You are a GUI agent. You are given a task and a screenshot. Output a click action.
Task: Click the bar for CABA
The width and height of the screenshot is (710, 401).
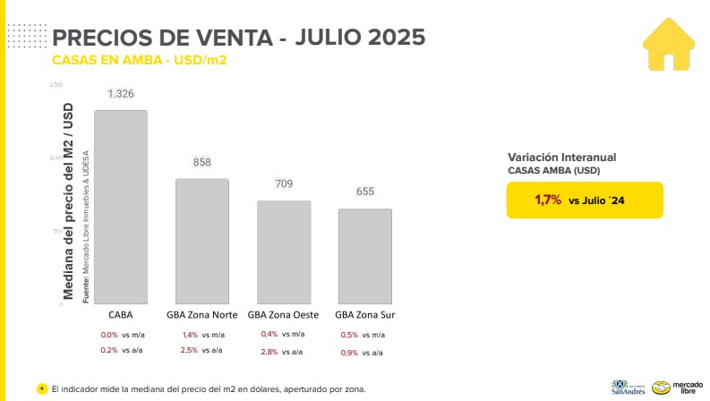[121, 207]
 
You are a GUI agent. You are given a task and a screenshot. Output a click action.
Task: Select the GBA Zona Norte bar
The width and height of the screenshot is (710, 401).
[201, 241]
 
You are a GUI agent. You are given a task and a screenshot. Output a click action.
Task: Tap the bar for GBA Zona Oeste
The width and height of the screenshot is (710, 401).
[284, 252]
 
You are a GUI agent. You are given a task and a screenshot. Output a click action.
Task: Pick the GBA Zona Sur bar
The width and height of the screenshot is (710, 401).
[365, 256]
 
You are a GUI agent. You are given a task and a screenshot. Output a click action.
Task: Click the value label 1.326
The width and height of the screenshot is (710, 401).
[121, 94]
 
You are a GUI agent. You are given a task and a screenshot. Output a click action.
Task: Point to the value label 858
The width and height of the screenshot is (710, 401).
[201, 162]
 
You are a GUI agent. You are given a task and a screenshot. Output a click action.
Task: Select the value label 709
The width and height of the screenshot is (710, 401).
[284, 184]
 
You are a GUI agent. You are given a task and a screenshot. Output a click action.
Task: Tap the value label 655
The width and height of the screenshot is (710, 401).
[365, 192]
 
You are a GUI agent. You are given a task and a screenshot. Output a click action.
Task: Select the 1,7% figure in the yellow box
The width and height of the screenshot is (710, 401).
[548, 200]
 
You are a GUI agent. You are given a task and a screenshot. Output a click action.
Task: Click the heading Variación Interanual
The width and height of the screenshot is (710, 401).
[561, 157]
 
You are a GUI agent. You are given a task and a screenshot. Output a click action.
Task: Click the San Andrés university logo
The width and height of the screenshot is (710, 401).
[628, 386]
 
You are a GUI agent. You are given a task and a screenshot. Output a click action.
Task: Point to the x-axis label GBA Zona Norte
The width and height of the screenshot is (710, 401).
[201, 315]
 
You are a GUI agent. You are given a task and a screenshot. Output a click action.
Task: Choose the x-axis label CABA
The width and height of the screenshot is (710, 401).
[121, 315]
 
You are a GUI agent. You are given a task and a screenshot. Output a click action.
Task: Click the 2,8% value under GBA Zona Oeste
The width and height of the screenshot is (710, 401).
[269, 353]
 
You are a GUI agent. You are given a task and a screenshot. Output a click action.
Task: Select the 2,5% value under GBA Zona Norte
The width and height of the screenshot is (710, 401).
[189, 350]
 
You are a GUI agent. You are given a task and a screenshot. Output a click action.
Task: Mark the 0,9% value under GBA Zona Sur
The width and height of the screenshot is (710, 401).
[349, 353]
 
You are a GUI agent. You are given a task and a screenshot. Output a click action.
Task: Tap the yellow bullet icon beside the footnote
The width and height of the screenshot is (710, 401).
[42, 388]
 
